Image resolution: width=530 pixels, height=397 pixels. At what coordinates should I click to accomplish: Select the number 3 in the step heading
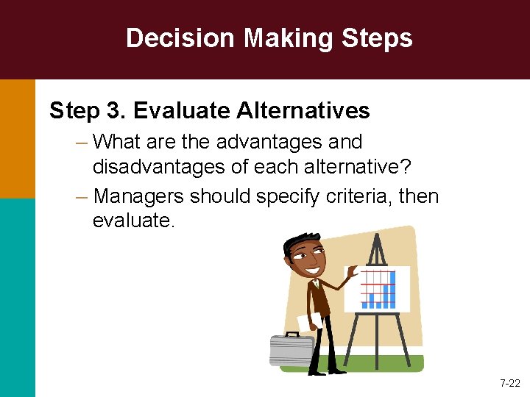pyautogui.click(x=114, y=111)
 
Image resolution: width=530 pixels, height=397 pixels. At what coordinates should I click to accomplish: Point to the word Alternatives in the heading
pyautogui.click(x=303, y=111)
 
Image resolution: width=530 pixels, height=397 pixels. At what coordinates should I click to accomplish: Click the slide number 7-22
pyautogui.click(x=509, y=383)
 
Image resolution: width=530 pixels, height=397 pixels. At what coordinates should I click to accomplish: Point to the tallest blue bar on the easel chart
pyautogui.click(x=392, y=289)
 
